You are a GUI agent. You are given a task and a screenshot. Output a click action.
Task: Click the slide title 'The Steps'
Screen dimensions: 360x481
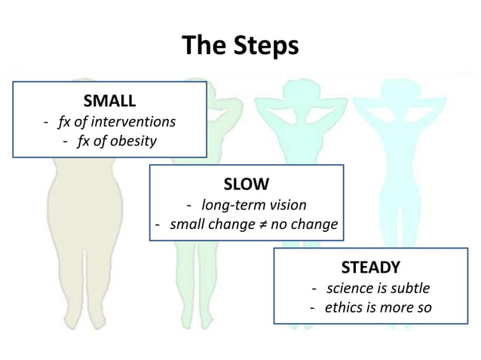240,45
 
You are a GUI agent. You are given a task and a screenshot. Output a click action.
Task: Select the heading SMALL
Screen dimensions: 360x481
109,100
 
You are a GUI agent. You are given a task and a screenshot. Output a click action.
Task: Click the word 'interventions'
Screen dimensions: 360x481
133,121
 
